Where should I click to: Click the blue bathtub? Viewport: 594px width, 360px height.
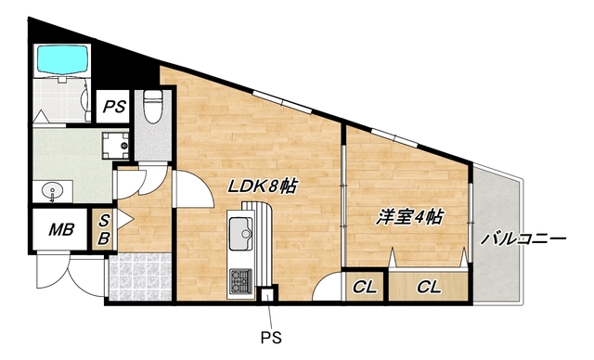[60, 60]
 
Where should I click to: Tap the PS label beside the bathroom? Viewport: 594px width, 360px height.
[114, 107]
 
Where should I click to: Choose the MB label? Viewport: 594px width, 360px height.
[61, 228]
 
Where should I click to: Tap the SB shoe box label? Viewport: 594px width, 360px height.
[104, 229]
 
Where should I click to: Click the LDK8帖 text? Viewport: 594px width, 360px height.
[263, 186]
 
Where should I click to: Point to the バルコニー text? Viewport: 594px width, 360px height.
[523, 239]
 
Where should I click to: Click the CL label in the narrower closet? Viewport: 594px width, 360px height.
[365, 287]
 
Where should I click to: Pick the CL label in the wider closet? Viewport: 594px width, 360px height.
[428, 287]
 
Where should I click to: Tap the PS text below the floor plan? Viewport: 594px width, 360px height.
[269, 337]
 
